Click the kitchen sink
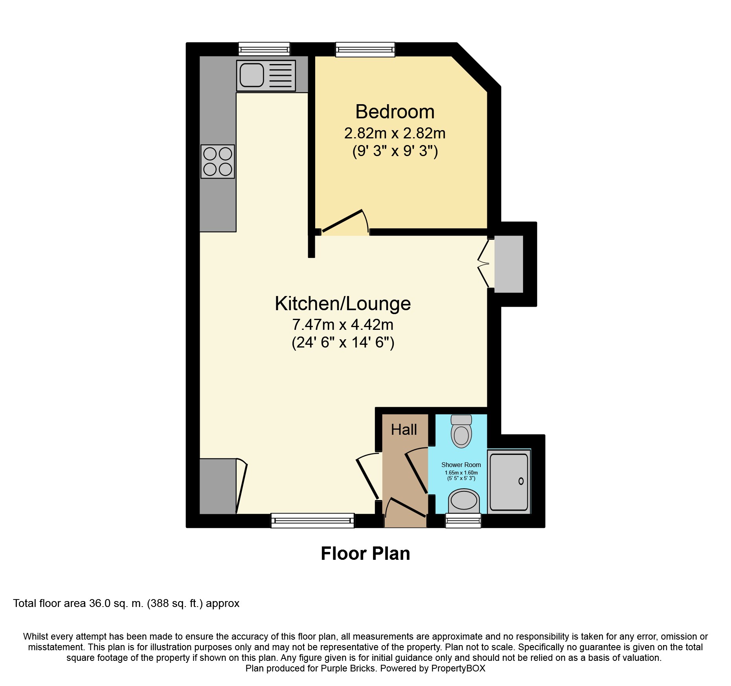point(266,75)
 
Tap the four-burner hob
point(218,162)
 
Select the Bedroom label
point(395,112)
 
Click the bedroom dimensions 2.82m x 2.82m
point(395,133)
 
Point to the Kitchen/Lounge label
point(343,303)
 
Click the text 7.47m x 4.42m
point(343,325)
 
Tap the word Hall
point(404,430)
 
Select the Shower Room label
point(461,465)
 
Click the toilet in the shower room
point(461,431)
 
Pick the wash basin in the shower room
point(464,501)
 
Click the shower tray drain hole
point(521,481)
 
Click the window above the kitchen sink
point(264,49)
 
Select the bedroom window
point(365,49)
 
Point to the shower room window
point(463,521)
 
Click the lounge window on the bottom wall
point(313,520)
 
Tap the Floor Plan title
point(365,554)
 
